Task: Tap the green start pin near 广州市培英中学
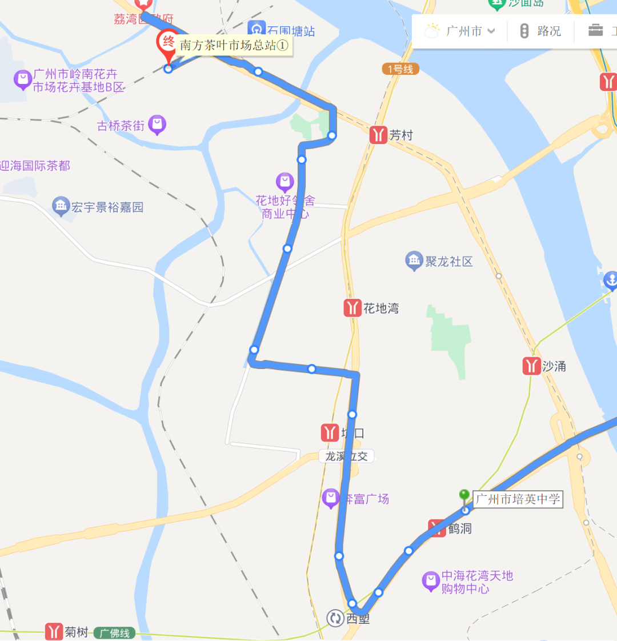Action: click(464, 495)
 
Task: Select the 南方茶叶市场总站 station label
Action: click(234, 46)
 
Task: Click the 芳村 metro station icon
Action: click(378, 135)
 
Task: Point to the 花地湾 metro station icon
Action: click(352, 308)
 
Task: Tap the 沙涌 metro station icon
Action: click(532, 366)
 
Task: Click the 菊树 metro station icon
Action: click(54, 632)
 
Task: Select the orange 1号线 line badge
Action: click(400, 69)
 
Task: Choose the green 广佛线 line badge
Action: click(114, 633)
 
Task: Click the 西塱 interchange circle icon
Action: click(335, 618)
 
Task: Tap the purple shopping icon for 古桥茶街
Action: click(157, 124)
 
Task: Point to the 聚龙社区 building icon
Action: click(414, 261)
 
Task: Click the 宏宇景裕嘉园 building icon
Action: click(61, 206)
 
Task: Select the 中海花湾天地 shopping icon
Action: click(431, 581)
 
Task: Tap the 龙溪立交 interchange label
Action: click(347, 456)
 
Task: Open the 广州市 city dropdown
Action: click(463, 31)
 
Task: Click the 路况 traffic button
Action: click(540, 31)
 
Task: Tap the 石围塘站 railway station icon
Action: click(257, 29)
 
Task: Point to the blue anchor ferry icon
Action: click(610, 281)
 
